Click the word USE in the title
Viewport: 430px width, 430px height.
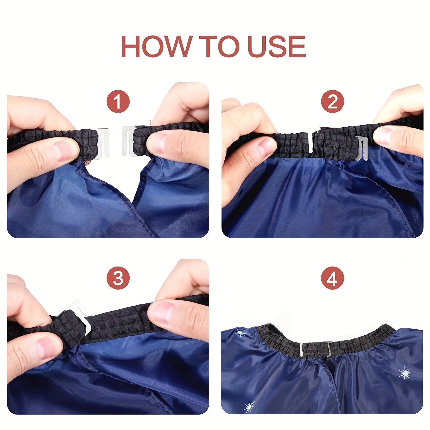pyautogui.click(x=277, y=46)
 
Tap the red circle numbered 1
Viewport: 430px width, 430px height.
pyautogui.click(x=118, y=102)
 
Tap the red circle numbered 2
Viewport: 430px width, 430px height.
pyautogui.click(x=333, y=102)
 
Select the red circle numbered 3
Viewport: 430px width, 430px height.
pyautogui.click(x=118, y=278)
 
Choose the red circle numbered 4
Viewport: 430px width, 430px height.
pyautogui.click(x=333, y=278)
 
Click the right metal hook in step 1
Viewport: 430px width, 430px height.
pyautogui.click(x=128, y=141)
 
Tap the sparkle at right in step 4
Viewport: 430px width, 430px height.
pyautogui.click(x=406, y=373)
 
